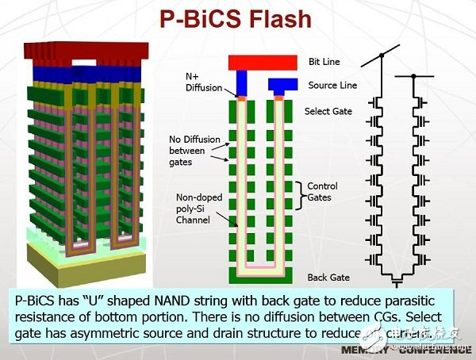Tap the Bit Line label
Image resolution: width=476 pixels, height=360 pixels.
324,61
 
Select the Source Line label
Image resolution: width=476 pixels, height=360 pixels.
331,85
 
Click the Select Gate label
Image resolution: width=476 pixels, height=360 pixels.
328,112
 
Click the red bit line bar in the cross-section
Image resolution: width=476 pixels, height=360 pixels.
261,62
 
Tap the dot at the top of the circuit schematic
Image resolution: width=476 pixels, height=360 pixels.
382,55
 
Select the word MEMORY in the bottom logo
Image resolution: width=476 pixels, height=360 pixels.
370,350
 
